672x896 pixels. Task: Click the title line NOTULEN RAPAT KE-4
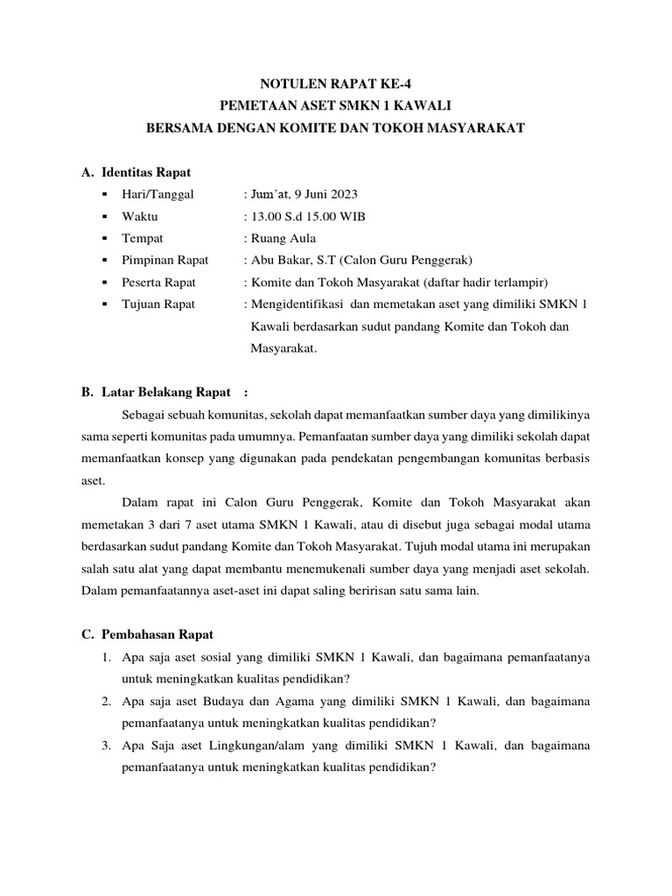point(336,84)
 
